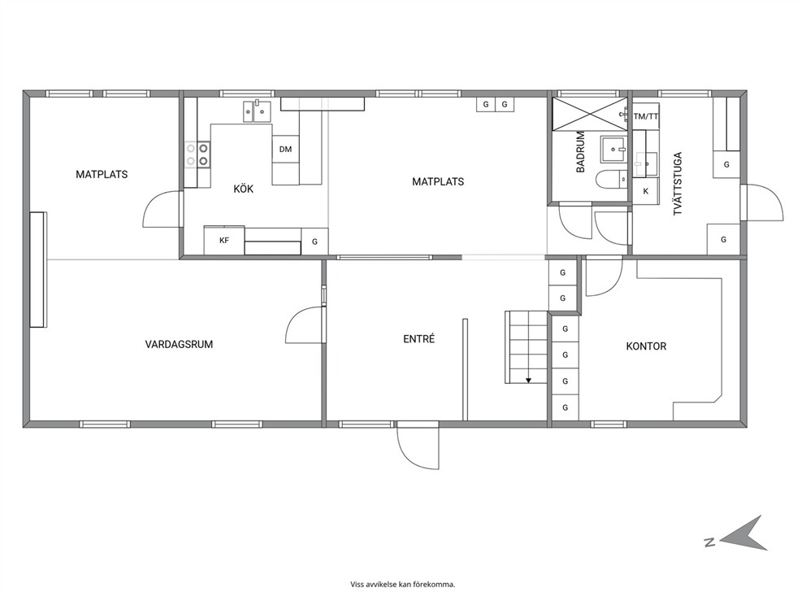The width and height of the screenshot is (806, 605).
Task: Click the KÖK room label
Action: pyautogui.click(x=244, y=189)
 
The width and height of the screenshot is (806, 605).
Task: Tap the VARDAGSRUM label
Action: pyautogui.click(x=179, y=344)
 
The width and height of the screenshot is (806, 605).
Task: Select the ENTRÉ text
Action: pyautogui.click(x=419, y=338)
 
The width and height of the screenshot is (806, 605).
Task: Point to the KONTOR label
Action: pyautogui.click(x=646, y=346)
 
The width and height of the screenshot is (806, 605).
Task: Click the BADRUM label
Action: pyautogui.click(x=580, y=152)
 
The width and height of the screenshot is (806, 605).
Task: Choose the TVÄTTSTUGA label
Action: pyautogui.click(x=678, y=183)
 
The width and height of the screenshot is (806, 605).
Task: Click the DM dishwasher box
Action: pyautogui.click(x=285, y=149)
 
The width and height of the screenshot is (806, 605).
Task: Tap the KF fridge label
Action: pyautogui.click(x=224, y=240)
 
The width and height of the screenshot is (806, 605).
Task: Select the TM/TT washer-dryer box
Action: pyautogui.click(x=646, y=116)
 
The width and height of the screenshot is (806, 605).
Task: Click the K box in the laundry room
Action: pyautogui.click(x=646, y=191)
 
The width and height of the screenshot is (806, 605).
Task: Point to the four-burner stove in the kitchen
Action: pyautogui.click(x=197, y=155)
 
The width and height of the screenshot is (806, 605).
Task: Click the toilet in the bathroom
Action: pyautogui.click(x=612, y=180)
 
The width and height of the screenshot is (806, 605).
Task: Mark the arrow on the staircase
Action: pyautogui.click(x=528, y=381)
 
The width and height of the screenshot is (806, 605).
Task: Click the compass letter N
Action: pyautogui.click(x=710, y=542)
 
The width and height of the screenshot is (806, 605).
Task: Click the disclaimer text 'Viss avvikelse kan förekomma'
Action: pyautogui.click(x=403, y=584)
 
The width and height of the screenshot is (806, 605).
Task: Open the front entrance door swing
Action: pyautogui.click(x=418, y=446)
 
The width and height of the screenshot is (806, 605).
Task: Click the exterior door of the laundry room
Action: pyautogui.click(x=762, y=202)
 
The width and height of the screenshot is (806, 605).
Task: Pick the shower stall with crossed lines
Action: pyautogui.click(x=590, y=114)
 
